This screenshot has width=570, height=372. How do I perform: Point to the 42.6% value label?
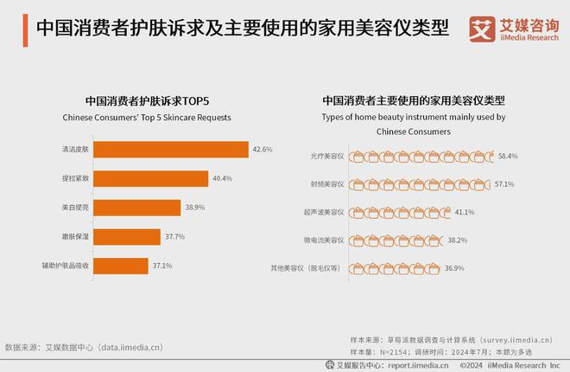pos(263,150)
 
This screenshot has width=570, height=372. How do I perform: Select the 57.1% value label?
pos(503,183)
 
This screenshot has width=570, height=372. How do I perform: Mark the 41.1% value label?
pos(465,212)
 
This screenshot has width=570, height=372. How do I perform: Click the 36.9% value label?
pos(455,268)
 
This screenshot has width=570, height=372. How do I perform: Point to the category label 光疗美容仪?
pos(326,157)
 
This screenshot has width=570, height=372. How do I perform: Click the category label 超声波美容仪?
pos(325,212)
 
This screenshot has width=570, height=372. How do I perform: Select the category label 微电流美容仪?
pos(325,241)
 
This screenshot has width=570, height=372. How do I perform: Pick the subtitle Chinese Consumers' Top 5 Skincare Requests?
pos(147,117)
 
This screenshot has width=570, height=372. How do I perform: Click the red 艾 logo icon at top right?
pos(480,28)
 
